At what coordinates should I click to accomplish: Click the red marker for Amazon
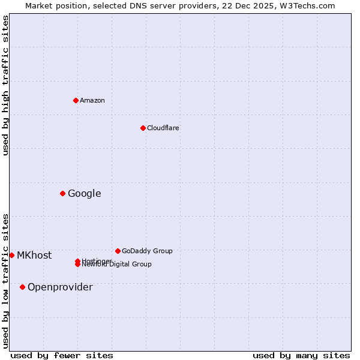76,100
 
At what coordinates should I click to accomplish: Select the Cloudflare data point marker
143,128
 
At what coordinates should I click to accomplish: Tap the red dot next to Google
62,193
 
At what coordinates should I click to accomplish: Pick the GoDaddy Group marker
118,251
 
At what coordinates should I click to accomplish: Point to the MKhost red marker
11,255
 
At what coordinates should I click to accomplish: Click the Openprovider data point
22,287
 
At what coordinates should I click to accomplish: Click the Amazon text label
92,100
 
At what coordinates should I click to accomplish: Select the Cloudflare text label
163,128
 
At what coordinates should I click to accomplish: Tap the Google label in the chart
85,193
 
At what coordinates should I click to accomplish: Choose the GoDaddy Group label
147,251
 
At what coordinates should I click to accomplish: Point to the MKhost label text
34,255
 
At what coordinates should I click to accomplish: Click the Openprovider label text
60,287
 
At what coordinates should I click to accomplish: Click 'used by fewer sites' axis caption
62,355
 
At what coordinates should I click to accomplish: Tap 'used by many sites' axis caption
301,355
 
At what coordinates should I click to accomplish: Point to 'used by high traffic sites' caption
6,85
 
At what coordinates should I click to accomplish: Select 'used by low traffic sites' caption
6,281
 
